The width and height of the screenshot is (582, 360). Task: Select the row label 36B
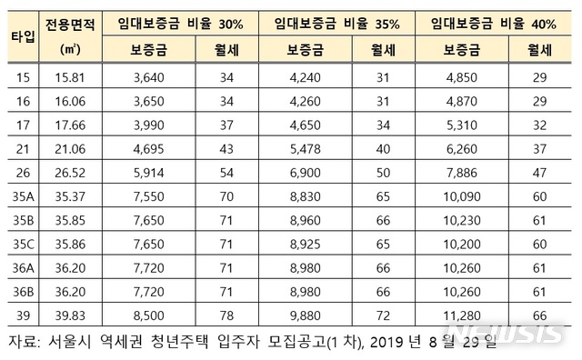pos(21,291)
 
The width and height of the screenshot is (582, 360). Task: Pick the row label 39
pos(20,315)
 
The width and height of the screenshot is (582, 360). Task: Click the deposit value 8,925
pos(306,244)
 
